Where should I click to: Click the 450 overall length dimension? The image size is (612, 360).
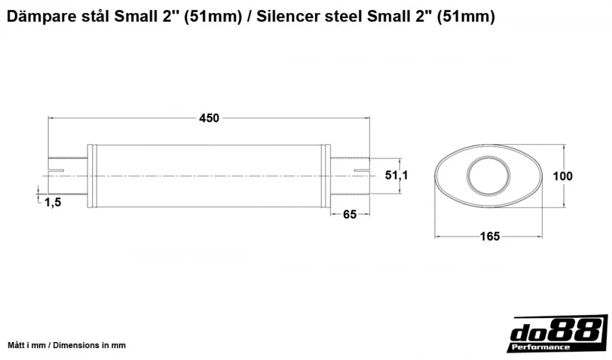coord(209,118)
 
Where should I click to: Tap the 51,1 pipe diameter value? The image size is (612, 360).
coord(397,175)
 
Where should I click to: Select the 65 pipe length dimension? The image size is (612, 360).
coord(350,214)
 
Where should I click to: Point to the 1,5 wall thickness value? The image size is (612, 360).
coord(53,202)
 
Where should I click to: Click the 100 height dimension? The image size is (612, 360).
coord(562,176)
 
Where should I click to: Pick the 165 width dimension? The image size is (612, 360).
coord(490,236)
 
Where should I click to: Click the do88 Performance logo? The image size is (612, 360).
coord(558,333)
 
